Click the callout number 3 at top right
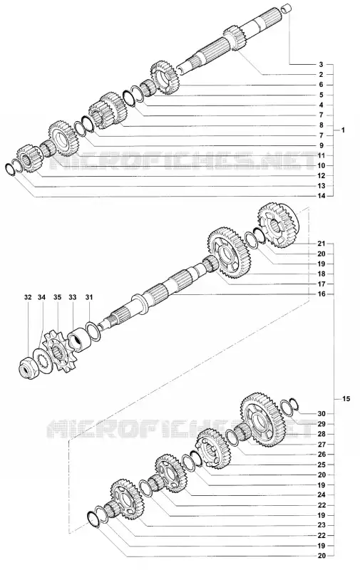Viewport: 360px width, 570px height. (x=321, y=65)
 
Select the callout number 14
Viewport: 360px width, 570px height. (x=321, y=196)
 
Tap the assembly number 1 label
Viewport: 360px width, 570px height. (x=343, y=130)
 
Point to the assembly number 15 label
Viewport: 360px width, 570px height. (x=346, y=399)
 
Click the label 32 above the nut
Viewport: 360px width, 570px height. (x=28, y=297)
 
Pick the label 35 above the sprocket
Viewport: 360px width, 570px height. (x=57, y=297)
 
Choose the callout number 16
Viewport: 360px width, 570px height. (x=321, y=294)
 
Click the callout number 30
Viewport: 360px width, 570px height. (x=321, y=414)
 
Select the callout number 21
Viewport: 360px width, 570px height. (x=321, y=244)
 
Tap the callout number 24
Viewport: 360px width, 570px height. (x=321, y=494)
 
